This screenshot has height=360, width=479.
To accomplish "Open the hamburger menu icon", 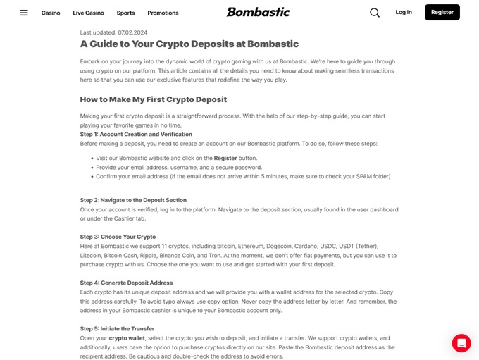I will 24,13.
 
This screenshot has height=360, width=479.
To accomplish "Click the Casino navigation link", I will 51,13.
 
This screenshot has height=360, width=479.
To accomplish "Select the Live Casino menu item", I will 88,13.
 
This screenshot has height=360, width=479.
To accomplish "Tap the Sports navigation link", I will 125,13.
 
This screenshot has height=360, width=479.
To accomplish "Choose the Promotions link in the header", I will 163,13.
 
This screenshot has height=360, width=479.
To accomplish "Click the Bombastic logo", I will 258,12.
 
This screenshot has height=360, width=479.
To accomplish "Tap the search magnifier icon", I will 375,13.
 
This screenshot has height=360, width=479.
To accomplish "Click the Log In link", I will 404,12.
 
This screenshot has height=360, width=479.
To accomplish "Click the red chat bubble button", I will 461,343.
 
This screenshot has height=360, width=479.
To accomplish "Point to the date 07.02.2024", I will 132,32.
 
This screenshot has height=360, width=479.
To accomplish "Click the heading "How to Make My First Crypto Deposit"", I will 154,99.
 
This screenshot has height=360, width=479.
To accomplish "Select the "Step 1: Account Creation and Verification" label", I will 136,134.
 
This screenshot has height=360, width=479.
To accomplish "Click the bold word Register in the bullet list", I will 225,158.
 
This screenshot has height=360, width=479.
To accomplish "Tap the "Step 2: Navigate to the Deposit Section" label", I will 133,200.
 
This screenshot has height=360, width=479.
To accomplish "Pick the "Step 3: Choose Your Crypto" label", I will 118,237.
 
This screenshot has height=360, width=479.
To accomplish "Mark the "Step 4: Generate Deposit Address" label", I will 126,283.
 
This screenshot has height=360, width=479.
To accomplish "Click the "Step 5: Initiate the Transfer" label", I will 117,328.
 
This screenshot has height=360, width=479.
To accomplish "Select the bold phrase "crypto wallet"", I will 127,338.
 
